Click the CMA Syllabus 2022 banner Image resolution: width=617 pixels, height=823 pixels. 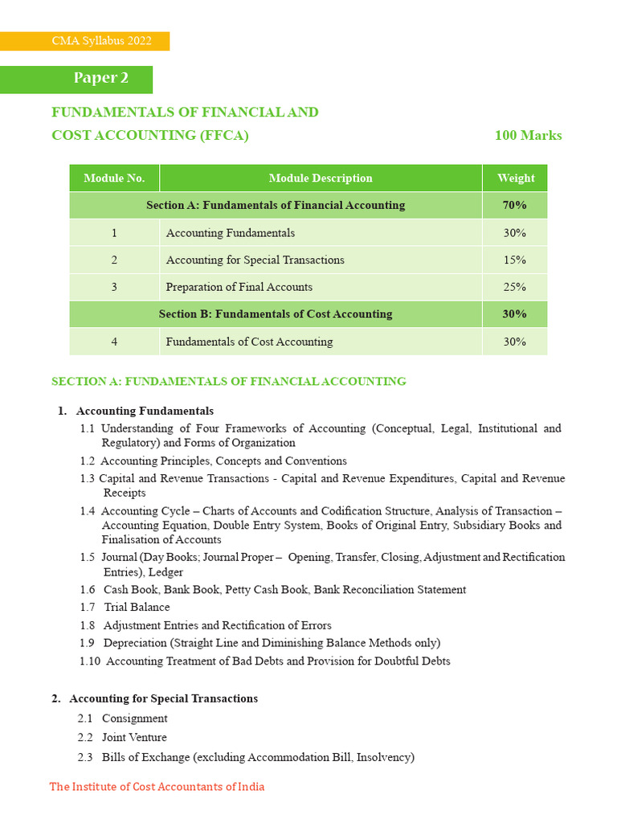[x=84, y=41]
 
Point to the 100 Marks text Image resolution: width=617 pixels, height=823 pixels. [x=528, y=135]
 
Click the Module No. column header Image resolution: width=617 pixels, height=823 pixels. [x=114, y=178]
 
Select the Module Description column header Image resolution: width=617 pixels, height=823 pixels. [x=321, y=178]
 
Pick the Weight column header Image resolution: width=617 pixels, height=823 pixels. [x=514, y=178]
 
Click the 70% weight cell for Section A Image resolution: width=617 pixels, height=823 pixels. [x=514, y=206]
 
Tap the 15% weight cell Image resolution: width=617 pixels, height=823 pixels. [x=514, y=260]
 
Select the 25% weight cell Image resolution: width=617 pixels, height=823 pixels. [x=514, y=288]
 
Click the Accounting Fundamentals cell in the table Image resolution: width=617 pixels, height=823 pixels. [x=231, y=233]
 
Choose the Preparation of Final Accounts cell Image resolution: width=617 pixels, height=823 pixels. [x=239, y=288]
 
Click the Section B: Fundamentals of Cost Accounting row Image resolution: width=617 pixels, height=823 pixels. [x=276, y=314]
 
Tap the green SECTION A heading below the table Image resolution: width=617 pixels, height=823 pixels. [x=229, y=382]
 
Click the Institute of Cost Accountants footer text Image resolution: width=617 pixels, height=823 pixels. [x=157, y=787]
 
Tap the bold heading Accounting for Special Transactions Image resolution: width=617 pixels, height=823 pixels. [x=163, y=699]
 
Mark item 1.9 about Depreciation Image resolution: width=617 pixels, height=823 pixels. [x=260, y=643]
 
